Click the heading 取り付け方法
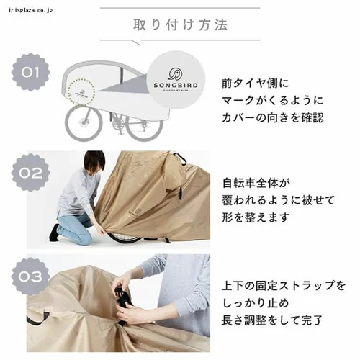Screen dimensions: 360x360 click(180, 24)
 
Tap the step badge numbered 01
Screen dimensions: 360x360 click(30, 72)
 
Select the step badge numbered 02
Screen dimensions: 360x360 click(30, 173)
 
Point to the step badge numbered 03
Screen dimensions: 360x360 click(30, 276)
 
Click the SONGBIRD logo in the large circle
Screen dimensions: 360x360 click(176, 79)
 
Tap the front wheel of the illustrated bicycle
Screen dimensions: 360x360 click(84, 123)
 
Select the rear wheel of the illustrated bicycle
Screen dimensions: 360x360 click(145, 125)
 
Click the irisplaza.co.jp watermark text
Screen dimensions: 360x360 click(30, 10)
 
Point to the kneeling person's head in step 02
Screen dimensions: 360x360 click(94, 161)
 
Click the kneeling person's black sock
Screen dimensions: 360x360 click(55, 233)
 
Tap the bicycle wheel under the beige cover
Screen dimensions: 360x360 click(125, 237)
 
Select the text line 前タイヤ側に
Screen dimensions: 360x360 click(255, 84)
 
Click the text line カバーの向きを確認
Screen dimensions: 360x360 click(273, 117)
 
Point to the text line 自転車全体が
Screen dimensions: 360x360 click(256, 183)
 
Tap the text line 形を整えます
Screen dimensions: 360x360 click(256, 217)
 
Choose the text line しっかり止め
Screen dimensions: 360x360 click(256, 303)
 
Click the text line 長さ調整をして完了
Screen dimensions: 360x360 click(272, 320)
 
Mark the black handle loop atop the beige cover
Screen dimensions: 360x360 click(181, 158)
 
